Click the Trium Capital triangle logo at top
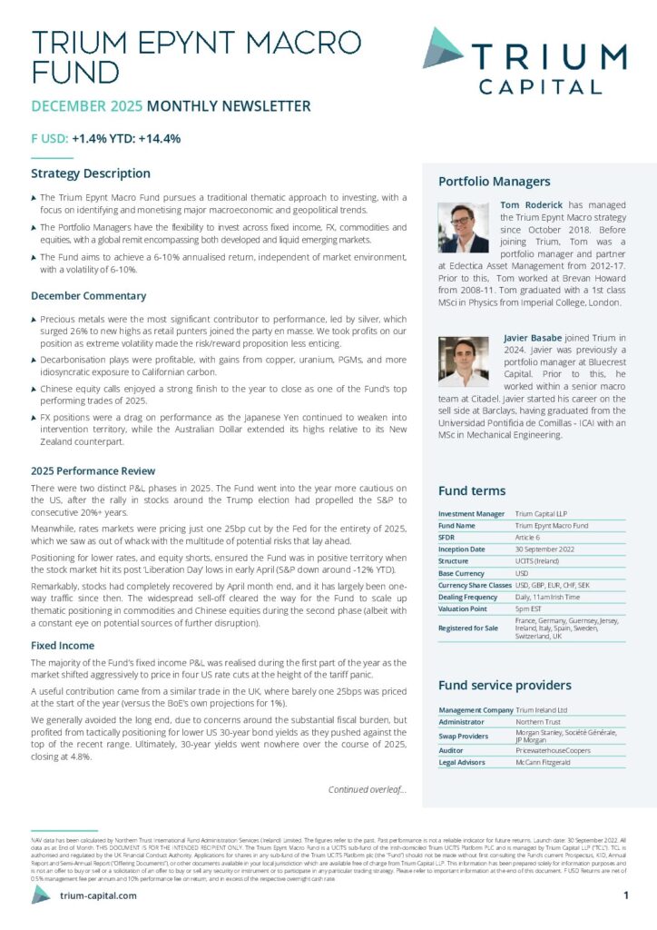click(x=443, y=47)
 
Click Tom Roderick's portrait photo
click(x=464, y=227)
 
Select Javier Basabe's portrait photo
click(x=464, y=361)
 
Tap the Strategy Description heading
click(x=91, y=173)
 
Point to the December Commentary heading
click(x=88, y=295)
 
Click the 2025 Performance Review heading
click(x=93, y=470)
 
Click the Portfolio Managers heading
click(x=494, y=181)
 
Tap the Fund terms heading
click(x=472, y=490)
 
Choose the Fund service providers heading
click(x=505, y=685)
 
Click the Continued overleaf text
click(x=367, y=788)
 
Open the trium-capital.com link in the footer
click(x=97, y=895)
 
